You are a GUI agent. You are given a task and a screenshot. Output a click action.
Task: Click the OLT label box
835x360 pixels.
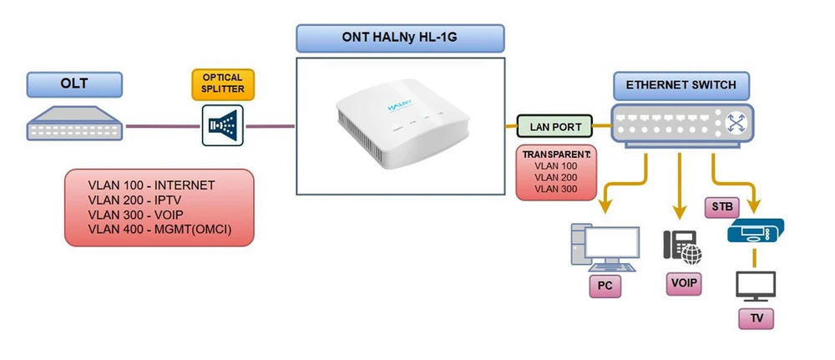tap(74, 84)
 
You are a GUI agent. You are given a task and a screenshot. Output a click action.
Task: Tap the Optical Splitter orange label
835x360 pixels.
tap(222, 84)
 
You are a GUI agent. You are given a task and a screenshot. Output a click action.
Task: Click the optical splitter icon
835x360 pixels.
tap(222, 126)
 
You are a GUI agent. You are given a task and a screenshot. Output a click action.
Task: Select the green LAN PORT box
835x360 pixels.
tap(554, 127)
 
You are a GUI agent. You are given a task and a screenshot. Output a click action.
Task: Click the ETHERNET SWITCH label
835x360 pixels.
tap(681, 85)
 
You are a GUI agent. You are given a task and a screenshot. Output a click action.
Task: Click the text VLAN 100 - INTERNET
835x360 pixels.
tap(152, 185)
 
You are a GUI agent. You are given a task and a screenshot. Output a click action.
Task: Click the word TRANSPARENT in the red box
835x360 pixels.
tap(556, 155)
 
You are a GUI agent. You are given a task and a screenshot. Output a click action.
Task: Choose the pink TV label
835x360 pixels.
tap(756, 318)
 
